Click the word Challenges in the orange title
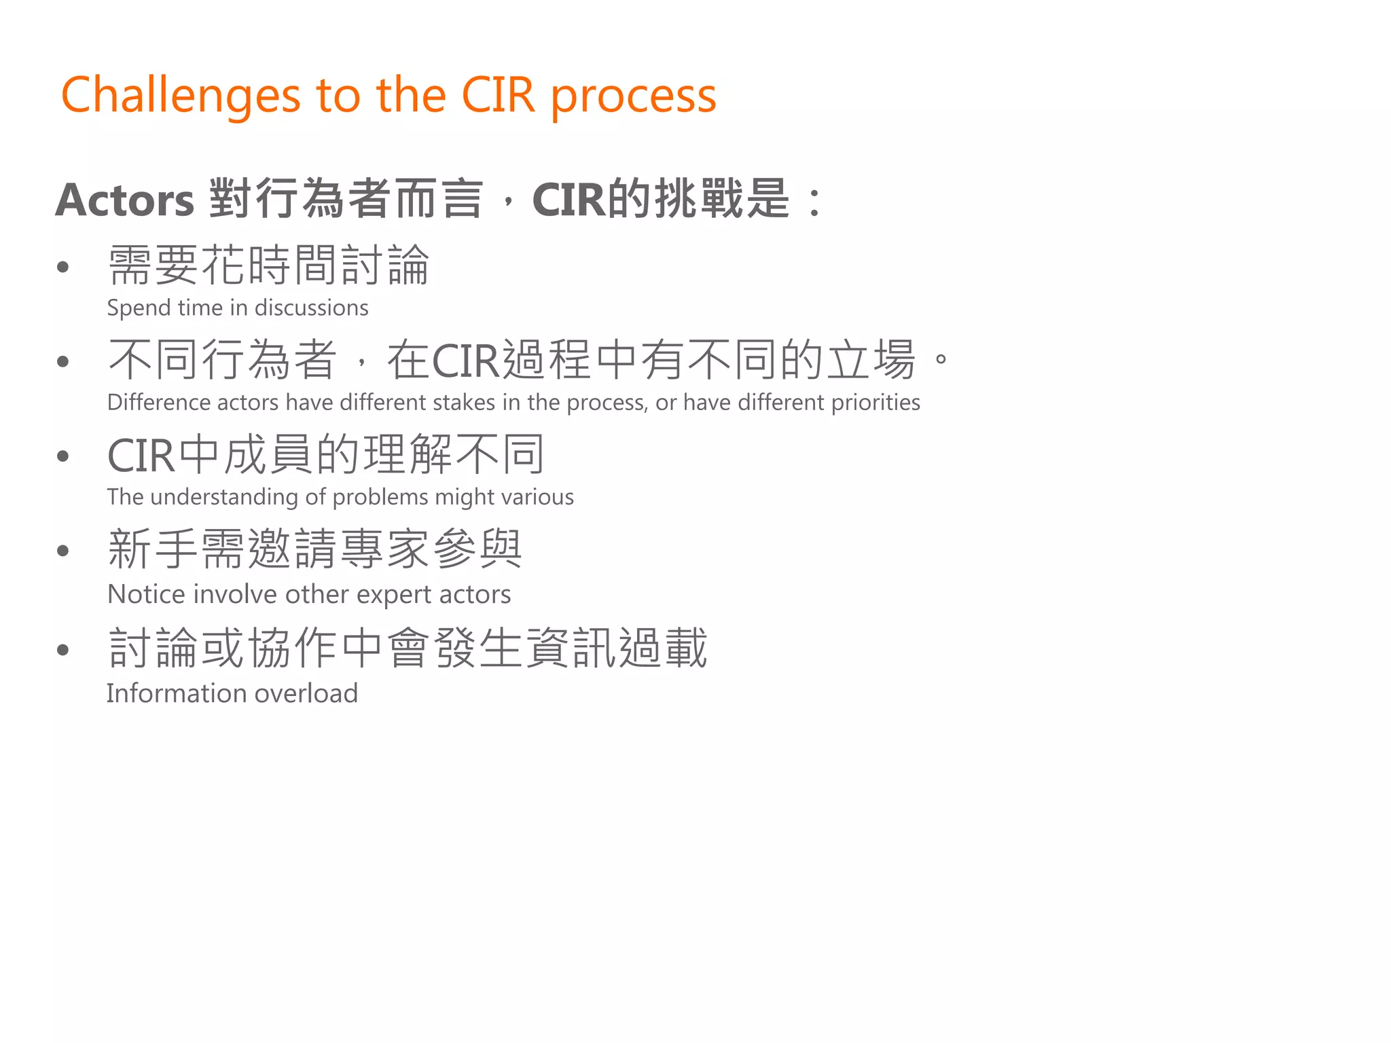pos(181,95)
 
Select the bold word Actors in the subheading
pos(125,200)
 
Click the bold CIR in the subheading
pos(568,200)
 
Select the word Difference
pos(159,402)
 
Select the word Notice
pos(147,594)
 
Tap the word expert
pos(393,595)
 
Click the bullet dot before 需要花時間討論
pos(63,267)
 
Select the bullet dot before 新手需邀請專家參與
pos(63,551)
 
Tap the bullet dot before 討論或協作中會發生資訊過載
pos(63,650)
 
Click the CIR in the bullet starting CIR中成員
pos(141,456)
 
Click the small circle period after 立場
pos(941,358)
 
